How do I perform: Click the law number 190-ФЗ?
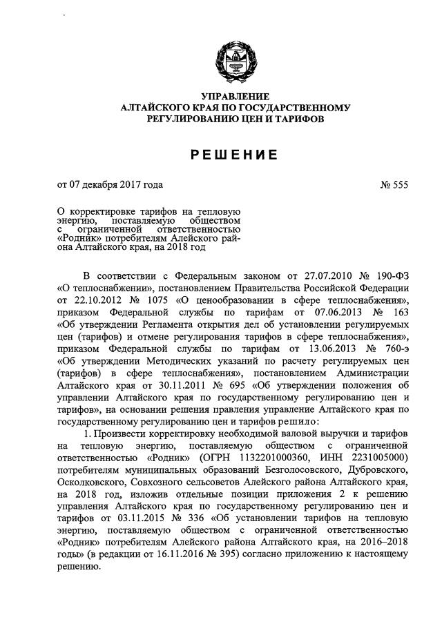coord(389,273)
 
